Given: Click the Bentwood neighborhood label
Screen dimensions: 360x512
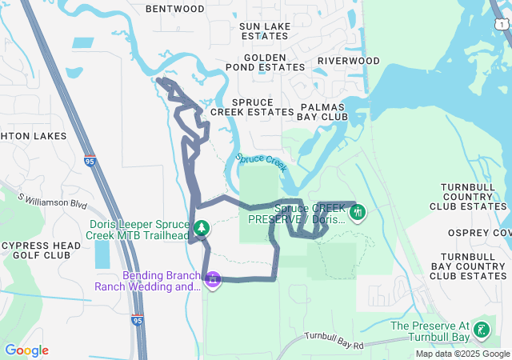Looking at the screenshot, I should pyautogui.click(x=176, y=9).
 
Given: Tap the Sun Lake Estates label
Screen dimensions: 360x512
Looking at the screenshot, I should pyautogui.click(x=264, y=31).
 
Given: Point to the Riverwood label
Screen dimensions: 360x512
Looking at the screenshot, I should pyautogui.click(x=349, y=61).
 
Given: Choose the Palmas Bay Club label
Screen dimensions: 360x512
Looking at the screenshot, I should pyautogui.click(x=323, y=111).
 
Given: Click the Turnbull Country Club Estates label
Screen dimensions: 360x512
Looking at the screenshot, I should pyautogui.click(x=474, y=197).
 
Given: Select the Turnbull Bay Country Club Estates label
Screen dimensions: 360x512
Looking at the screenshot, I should pyautogui.click(x=469, y=266).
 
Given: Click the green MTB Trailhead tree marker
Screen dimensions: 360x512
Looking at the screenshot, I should pyautogui.click(x=202, y=229).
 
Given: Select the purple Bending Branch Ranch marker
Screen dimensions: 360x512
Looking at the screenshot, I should pyautogui.click(x=213, y=280).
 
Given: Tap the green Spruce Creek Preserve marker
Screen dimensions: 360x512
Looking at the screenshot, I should pyautogui.click(x=358, y=213).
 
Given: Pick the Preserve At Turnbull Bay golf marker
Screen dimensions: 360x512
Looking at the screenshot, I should pyautogui.click(x=482, y=330).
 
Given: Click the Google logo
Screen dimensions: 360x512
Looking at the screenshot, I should pyautogui.click(x=26, y=350).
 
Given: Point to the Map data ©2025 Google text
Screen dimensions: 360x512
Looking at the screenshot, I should pyautogui.click(x=462, y=354).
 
